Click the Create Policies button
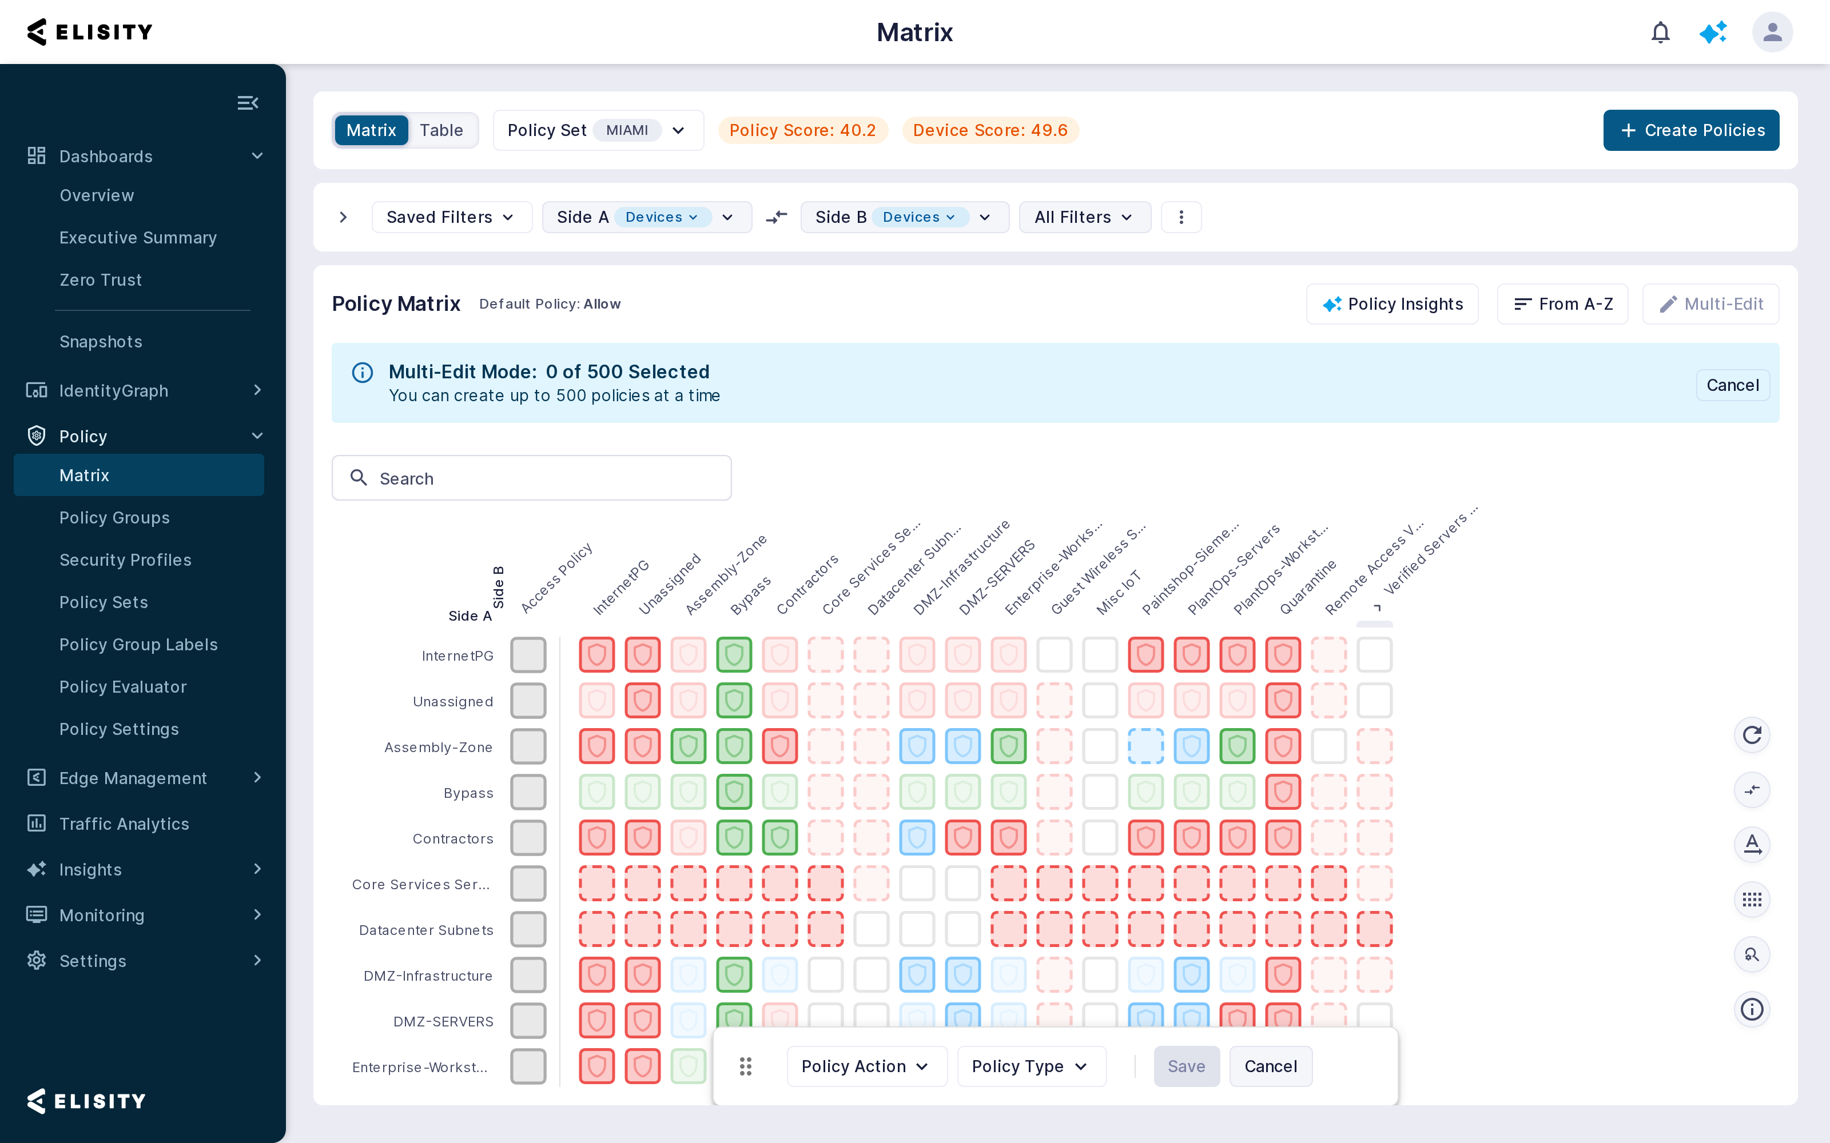[1691, 130]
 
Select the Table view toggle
[441, 130]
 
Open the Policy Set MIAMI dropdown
[598, 130]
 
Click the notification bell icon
[1661, 33]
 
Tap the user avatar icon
[1773, 33]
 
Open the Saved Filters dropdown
[451, 217]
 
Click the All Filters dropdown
[1084, 217]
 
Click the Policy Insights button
[1392, 304]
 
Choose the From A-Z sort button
[1562, 304]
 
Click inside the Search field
[532, 478]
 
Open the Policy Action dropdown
[866, 1066]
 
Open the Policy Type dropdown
[1032, 1066]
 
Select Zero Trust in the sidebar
[101, 279]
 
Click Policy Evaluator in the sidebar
[122, 686]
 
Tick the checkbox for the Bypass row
[528, 792]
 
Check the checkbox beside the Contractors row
[528, 838]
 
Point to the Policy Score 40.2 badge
[802, 130]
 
